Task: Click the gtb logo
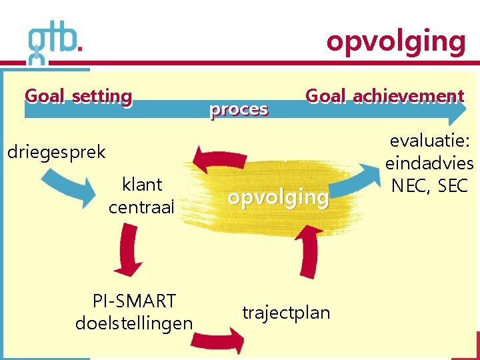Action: (x=55, y=44)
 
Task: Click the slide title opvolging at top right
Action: (x=395, y=41)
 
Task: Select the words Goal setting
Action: (x=78, y=97)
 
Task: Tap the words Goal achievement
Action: (x=384, y=97)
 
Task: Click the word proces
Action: (x=239, y=109)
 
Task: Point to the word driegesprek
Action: (x=56, y=152)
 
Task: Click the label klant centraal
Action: (x=141, y=195)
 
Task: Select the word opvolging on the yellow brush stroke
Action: (x=278, y=197)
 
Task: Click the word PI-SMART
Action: (x=134, y=301)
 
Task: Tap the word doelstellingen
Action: (x=134, y=324)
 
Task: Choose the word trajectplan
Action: (x=286, y=312)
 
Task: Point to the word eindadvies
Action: (x=429, y=164)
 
